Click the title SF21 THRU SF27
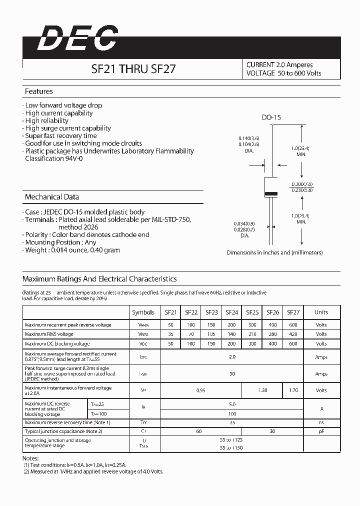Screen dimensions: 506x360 tap(133, 69)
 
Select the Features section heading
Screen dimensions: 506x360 tap(39, 91)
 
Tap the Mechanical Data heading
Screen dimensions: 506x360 tap(52, 197)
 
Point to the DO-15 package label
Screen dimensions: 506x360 tap(271, 117)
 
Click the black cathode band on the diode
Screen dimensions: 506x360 tap(271, 193)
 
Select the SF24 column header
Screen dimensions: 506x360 tap(232, 312)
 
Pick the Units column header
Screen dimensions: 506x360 tap(321, 312)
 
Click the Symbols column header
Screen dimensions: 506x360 tap(143, 312)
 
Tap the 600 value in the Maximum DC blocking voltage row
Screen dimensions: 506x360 tap(293, 344)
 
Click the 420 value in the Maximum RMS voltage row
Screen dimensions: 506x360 tap(293, 334)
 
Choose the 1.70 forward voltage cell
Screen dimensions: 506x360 tap(293, 390)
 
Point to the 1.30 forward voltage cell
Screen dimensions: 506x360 tap(262, 390)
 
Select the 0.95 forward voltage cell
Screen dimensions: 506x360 tap(200, 390)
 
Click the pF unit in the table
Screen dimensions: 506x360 tap(321, 431)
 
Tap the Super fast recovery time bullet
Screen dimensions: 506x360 tap(61, 136)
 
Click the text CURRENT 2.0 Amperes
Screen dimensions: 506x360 tap(279, 65)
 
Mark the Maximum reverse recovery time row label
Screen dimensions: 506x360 tap(67, 423)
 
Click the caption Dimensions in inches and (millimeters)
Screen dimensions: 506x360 tap(274, 252)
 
